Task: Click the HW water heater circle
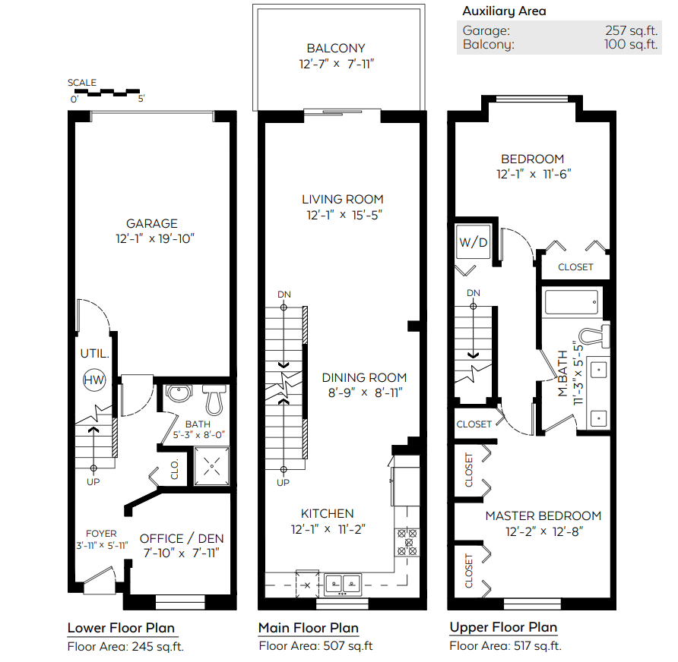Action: coord(94,380)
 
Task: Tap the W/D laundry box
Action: coord(474,242)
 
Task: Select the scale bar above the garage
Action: coord(107,92)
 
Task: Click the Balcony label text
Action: coord(336,48)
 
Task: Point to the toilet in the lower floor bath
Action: coord(214,399)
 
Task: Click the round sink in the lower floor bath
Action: coord(179,393)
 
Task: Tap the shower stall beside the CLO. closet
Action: coord(211,466)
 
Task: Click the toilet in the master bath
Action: coord(594,336)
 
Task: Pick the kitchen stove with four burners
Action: coord(407,542)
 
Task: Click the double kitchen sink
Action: coord(343,585)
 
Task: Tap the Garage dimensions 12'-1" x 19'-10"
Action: coord(155,238)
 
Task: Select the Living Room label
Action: coord(343,199)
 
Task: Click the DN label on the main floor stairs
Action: coord(284,295)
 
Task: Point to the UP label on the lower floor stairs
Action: coord(93,482)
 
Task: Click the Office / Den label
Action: coord(182,538)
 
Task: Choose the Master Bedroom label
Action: coord(543,515)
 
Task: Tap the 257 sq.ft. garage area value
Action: coord(632,30)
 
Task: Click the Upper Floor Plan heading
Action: coord(503,627)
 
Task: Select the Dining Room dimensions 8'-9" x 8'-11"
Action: coord(365,392)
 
